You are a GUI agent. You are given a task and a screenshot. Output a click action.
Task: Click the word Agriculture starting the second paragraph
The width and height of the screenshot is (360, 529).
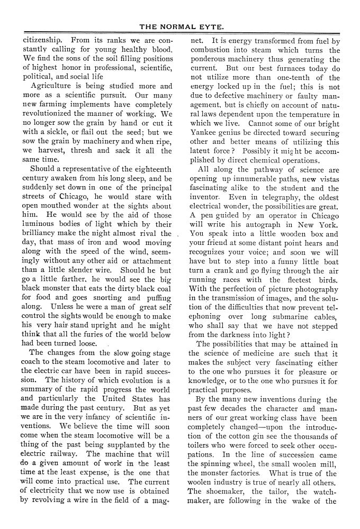pos(55,86)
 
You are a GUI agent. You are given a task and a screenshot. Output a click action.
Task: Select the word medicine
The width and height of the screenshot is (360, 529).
pos(252,354)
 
